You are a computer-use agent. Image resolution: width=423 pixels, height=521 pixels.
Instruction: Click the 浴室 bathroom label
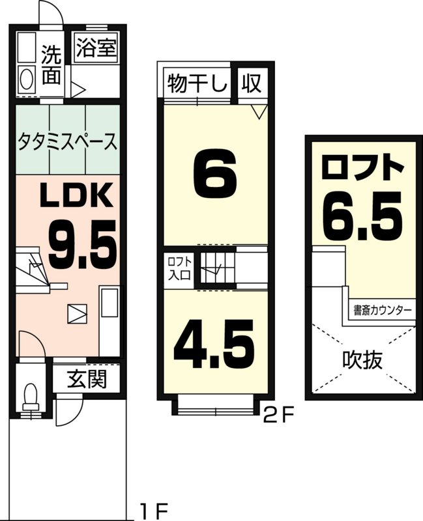96,48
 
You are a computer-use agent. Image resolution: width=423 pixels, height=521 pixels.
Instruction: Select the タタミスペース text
68,141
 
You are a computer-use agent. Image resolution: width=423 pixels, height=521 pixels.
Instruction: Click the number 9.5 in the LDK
83,245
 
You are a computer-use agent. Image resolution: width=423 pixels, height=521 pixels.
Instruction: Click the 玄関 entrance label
87,379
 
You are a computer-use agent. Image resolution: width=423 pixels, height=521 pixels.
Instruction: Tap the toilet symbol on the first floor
31,399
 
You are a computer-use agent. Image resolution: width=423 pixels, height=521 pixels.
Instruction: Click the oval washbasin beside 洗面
27,79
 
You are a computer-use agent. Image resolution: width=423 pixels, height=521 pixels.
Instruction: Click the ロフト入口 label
180,268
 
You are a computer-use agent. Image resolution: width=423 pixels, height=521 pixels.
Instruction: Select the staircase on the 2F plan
218,268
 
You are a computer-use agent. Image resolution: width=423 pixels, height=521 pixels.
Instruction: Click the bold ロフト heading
362,168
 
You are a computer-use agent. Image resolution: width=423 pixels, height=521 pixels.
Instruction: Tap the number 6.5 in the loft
362,216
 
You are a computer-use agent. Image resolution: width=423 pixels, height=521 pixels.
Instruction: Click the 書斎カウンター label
383,311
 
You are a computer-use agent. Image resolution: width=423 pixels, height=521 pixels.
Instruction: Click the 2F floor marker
279,415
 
